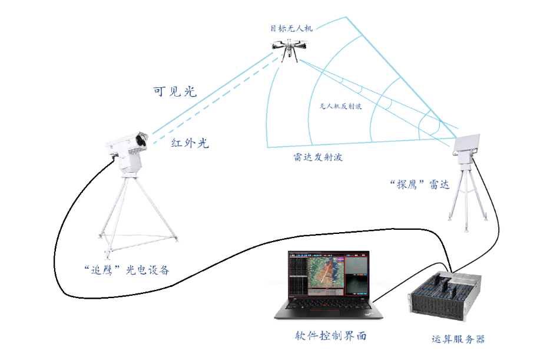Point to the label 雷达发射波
click(x=318, y=158)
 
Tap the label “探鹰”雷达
click(x=420, y=184)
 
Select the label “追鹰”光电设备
click(x=127, y=270)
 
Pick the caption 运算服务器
click(x=458, y=339)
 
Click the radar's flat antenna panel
click(x=472, y=143)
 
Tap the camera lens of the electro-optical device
click(x=141, y=140)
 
